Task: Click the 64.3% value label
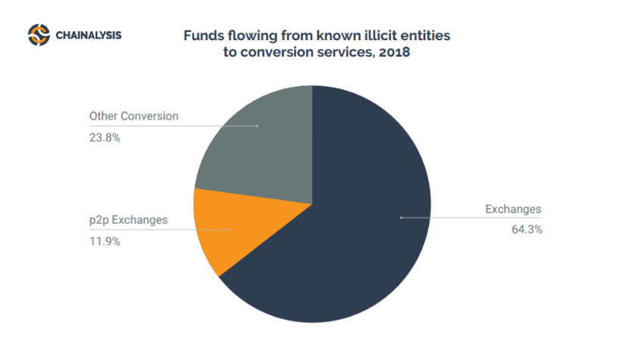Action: [527, 229]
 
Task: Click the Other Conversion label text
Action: [133, 117]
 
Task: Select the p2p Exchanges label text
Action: [127, 221]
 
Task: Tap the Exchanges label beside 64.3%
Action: [514, 209]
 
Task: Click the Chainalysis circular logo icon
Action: [39, 35]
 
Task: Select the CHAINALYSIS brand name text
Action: [88, 35]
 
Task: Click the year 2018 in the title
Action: [396, 53]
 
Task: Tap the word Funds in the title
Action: [201, 35]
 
